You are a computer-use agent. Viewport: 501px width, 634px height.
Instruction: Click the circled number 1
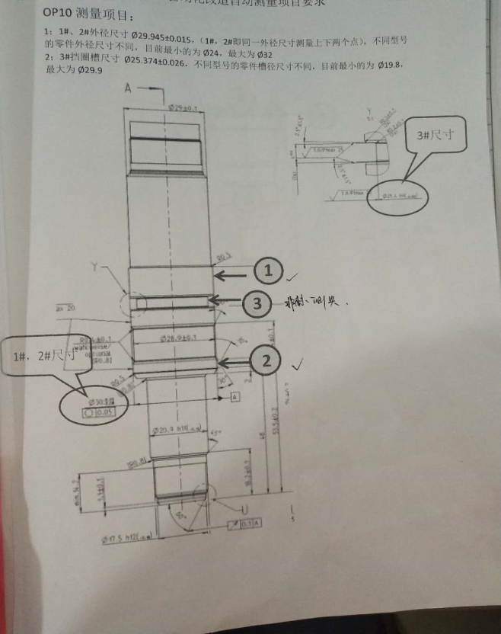(267, 270)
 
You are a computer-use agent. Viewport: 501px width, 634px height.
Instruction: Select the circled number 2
(266, 360)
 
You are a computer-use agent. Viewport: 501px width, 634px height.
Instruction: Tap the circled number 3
(257, 304)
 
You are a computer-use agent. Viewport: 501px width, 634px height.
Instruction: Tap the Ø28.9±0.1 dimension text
(180, 337)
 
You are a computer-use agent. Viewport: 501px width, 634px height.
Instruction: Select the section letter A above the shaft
(128, 89)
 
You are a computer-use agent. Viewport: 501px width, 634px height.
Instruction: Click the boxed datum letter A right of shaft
(235, 397)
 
